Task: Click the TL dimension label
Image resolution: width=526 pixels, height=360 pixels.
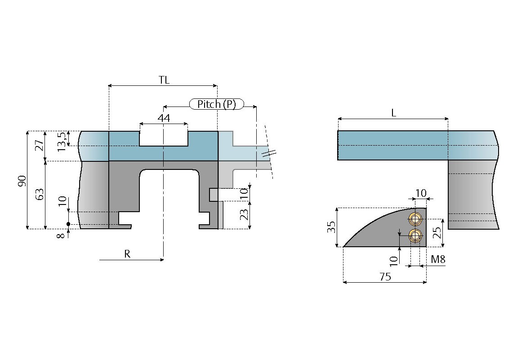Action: tap(164, 80)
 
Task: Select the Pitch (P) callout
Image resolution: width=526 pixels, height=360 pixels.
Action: tap(217, 104)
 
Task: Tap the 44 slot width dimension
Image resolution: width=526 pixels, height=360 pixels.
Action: tap(164, 118)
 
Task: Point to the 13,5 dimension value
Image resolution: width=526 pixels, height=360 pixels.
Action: tap(62, 141)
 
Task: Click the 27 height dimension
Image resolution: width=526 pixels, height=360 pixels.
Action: tap(40, 145)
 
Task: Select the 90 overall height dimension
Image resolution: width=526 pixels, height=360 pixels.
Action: tap(22, 181)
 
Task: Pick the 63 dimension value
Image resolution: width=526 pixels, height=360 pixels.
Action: tap(40, 195)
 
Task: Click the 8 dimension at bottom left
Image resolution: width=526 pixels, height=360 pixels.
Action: tap(61, 236)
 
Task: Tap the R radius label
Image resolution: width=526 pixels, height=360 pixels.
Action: tap(127, 254)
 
